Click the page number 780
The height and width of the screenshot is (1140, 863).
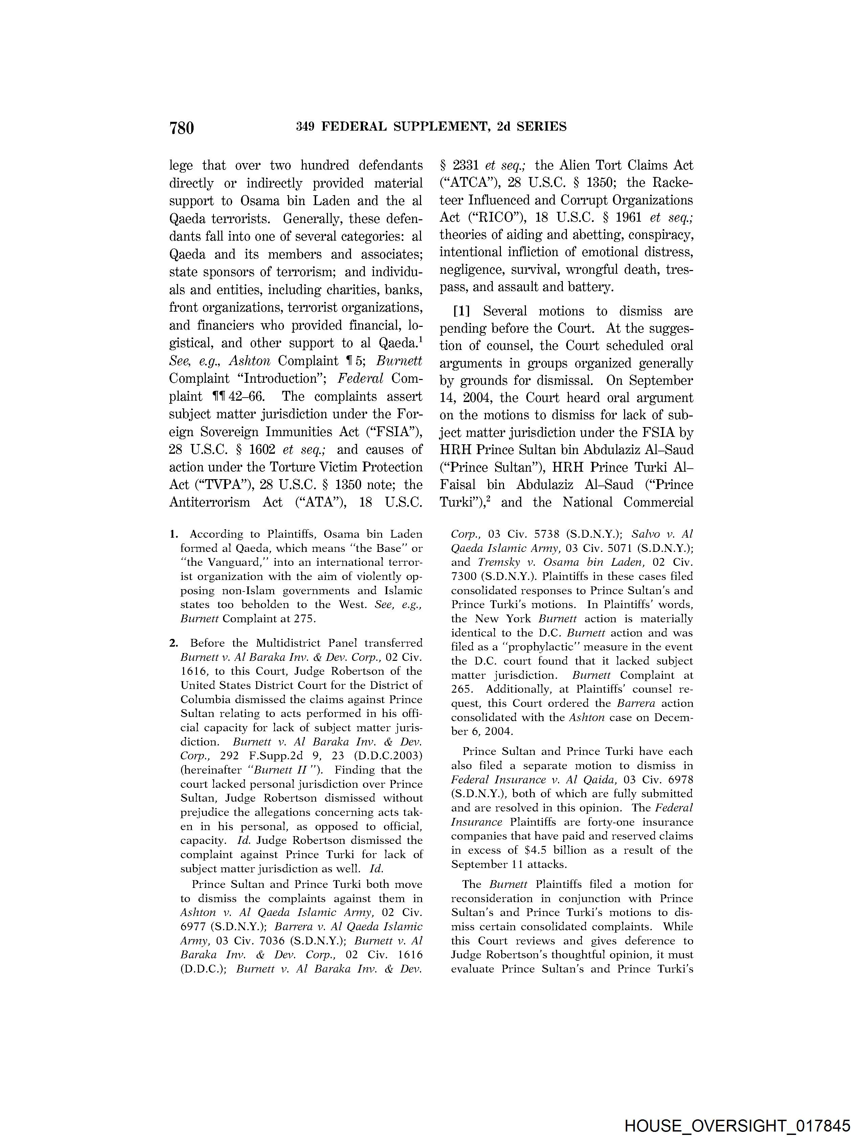pos(181,127)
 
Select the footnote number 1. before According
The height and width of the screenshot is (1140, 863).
pos(174,534)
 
